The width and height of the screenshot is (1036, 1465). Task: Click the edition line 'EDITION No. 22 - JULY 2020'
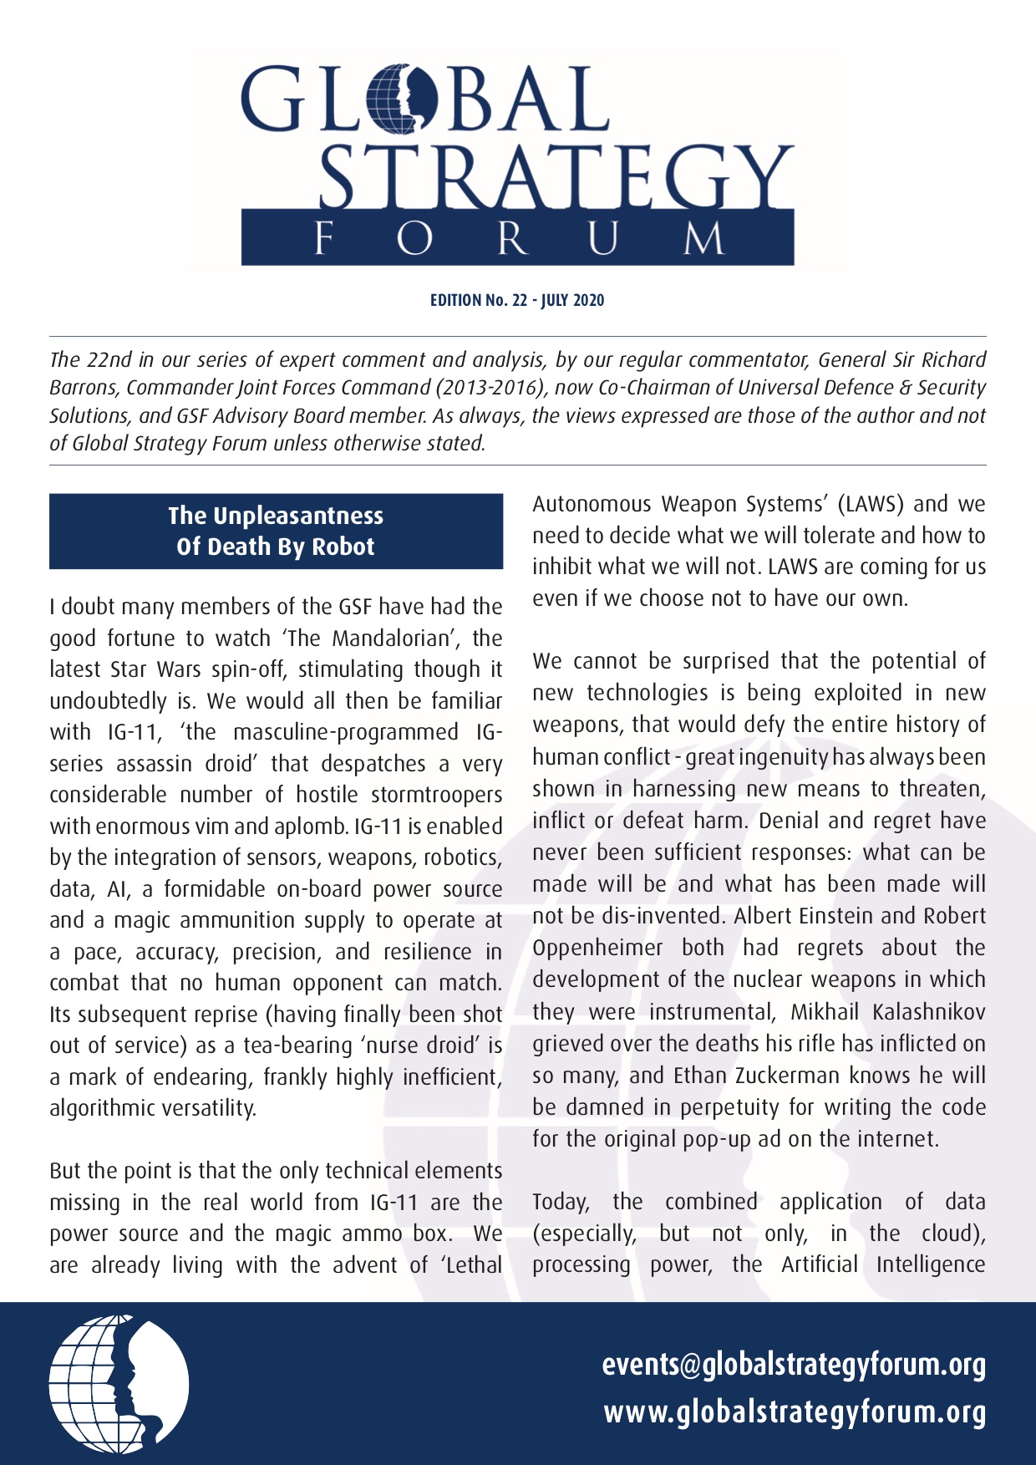pos(517,300)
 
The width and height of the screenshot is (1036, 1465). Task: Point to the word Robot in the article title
pos(343,547)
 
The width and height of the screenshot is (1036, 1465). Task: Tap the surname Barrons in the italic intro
pos(84,388)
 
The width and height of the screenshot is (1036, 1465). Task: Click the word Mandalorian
pos(391,638)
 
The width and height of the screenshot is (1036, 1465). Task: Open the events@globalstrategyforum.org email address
pos(794,1364)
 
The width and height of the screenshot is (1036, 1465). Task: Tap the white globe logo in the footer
pos(119,1384)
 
